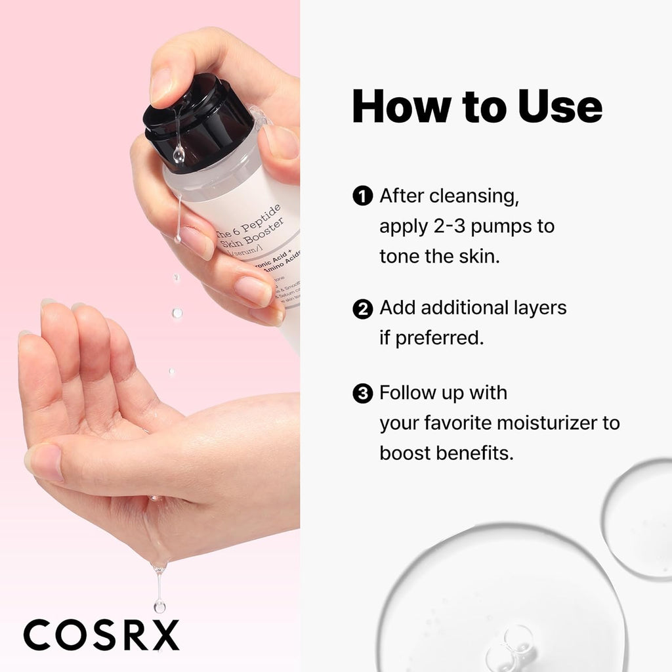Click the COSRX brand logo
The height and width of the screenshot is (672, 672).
(x=101, y=635)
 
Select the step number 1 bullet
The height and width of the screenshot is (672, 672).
(x=362, y=196)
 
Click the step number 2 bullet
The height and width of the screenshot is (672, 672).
(x=362, y=308)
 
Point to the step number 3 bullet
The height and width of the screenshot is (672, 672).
(x=362, y=394)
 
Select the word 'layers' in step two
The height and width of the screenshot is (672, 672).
(x=537, y=308)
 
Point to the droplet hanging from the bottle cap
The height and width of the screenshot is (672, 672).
(x=178, y=156)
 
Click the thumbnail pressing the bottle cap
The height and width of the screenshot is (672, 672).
(x=160, y=85)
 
